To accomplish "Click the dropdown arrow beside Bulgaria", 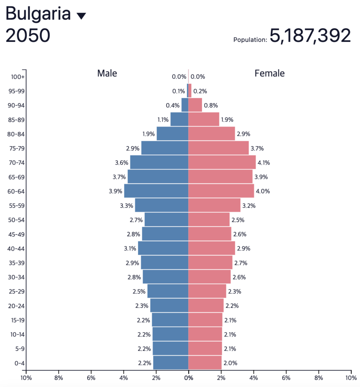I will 81,16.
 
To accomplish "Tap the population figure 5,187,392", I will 310,36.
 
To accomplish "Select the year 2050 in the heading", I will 28,36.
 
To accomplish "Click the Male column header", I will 107,73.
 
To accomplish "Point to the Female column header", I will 270,73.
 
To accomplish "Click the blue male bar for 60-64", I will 156,191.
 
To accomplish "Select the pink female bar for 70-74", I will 222,163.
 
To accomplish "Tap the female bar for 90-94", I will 195,105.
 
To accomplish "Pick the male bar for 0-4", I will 171,363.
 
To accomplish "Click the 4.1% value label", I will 264,163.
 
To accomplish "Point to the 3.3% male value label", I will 126,206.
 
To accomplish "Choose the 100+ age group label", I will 18,77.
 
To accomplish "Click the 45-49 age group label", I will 16,234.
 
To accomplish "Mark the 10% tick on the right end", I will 351,378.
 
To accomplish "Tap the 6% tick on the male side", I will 91,378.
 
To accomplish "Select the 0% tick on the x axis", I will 188,378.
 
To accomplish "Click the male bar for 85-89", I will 179,119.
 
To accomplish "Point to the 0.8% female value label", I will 211,105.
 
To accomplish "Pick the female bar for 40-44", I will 212,249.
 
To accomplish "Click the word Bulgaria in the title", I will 38,14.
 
